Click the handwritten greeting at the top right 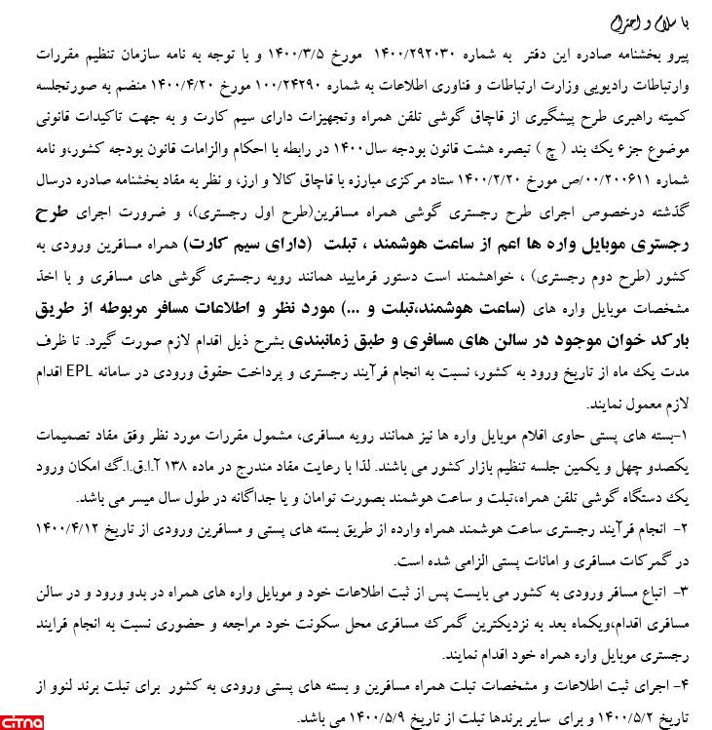click(x=644, y=21)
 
